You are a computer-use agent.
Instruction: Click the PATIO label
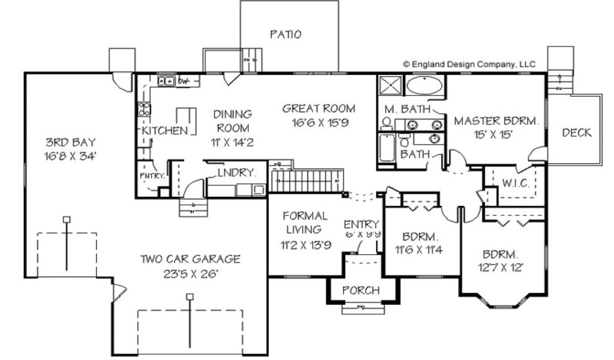pos(285,34)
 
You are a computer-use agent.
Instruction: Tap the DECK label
pos(576,133)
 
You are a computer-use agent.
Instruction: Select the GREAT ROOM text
pos(318,109)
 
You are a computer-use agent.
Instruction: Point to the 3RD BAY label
pos(70,143)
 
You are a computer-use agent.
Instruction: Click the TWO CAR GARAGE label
pos(190,259)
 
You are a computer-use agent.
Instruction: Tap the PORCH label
pos(361,290)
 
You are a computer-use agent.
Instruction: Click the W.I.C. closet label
pos(516,183)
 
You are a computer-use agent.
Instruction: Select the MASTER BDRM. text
pos(496,121)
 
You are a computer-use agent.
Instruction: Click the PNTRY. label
pos(152,176)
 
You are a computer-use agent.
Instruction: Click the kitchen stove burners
pos(144,109)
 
